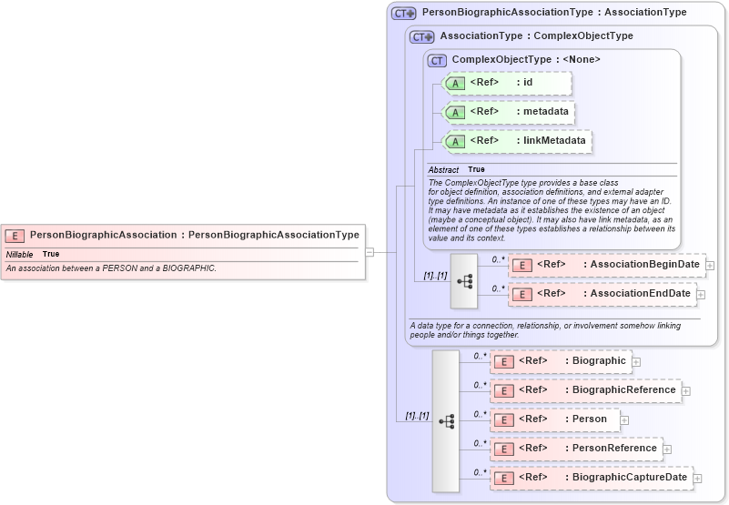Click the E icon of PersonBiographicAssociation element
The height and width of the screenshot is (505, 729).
(15, 235)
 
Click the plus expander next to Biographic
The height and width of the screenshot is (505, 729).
(636, 362)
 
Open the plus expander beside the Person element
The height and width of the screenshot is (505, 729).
(625, 420)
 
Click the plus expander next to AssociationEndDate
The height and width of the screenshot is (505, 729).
(700, 295)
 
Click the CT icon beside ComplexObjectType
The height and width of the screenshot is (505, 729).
(437, 60)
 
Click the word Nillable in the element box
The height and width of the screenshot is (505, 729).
(19, 254)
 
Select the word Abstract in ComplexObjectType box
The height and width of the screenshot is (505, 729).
(443, 170)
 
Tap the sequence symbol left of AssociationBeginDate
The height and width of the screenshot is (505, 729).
(464, 280)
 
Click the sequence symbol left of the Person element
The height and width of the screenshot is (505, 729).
(446, 420)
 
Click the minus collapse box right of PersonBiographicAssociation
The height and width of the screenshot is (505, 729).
(370, 252)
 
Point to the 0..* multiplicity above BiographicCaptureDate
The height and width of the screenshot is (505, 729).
(480, 471)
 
